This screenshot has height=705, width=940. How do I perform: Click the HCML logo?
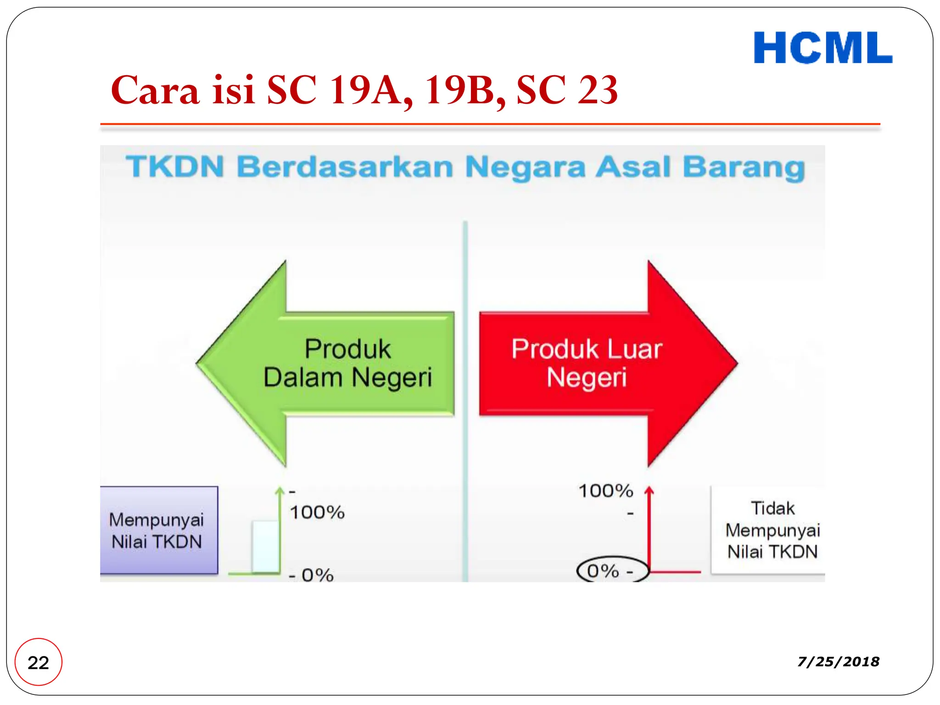[x=822, y=48]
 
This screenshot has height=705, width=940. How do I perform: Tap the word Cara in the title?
[x=155, y=90]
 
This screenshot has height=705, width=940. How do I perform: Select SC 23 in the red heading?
[x=567, y=90]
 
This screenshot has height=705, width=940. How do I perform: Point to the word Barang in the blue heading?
[x=744, y=167]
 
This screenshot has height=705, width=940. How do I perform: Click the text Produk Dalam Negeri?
[x=348, y=363]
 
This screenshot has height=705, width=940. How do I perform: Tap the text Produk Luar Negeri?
[x=587, y=363]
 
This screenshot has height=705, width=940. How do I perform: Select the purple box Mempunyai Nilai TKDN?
[x=158, y=530]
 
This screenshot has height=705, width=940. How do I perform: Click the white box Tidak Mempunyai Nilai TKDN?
[x=772, y=530]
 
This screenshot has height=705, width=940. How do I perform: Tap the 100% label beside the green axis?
[x=317, y=512]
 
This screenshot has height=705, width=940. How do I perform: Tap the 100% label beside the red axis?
[x=606, y=491]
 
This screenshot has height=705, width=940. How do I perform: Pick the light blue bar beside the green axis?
[x=265, y=546]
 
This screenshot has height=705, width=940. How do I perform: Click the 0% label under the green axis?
[x=317, y=575]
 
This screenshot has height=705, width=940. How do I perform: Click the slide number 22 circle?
[x=38, y=662]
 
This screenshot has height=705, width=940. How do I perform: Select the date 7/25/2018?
[x=838, y=661]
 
